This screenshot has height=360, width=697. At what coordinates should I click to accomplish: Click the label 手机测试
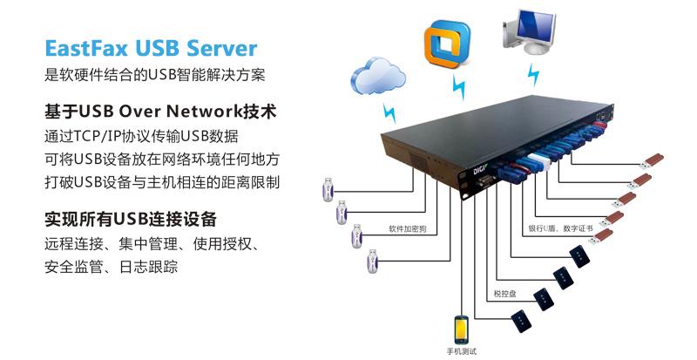tap(461, 352)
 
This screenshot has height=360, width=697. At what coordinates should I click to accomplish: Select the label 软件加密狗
tap(407, 229)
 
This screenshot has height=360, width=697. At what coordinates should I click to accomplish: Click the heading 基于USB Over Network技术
tap(159, 112)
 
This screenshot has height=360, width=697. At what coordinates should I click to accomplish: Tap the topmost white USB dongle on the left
tap(327, 187)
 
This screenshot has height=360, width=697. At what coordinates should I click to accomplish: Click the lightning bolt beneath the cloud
tap(389, 113)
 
